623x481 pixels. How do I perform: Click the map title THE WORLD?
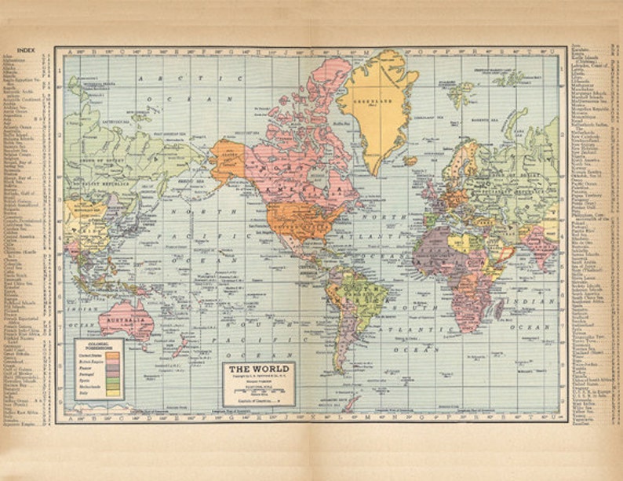(259, 369)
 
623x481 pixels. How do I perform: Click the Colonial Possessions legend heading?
(99, 344)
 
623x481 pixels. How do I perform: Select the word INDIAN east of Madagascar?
(537, 301)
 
